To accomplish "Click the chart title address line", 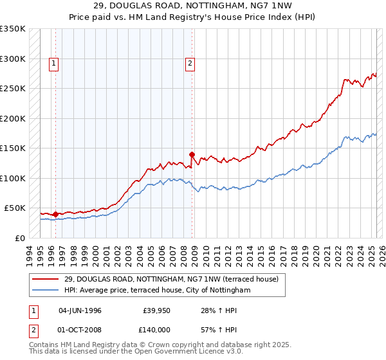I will coord(193,6).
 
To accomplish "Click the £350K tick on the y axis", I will coord(13,29).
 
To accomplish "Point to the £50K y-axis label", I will coord(15,208).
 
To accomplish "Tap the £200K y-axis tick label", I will coord(13,118).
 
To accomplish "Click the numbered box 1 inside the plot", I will coord(53,63).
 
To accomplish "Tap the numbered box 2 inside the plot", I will coord(190,63).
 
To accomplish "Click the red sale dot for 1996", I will coord(55,214).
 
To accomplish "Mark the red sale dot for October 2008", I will coord(192,154).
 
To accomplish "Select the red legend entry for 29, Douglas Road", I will coord(170,279).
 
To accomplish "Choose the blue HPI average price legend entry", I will coord(157,291).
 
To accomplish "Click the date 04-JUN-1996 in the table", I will coord(80,310).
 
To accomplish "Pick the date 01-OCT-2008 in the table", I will coord(80,331).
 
